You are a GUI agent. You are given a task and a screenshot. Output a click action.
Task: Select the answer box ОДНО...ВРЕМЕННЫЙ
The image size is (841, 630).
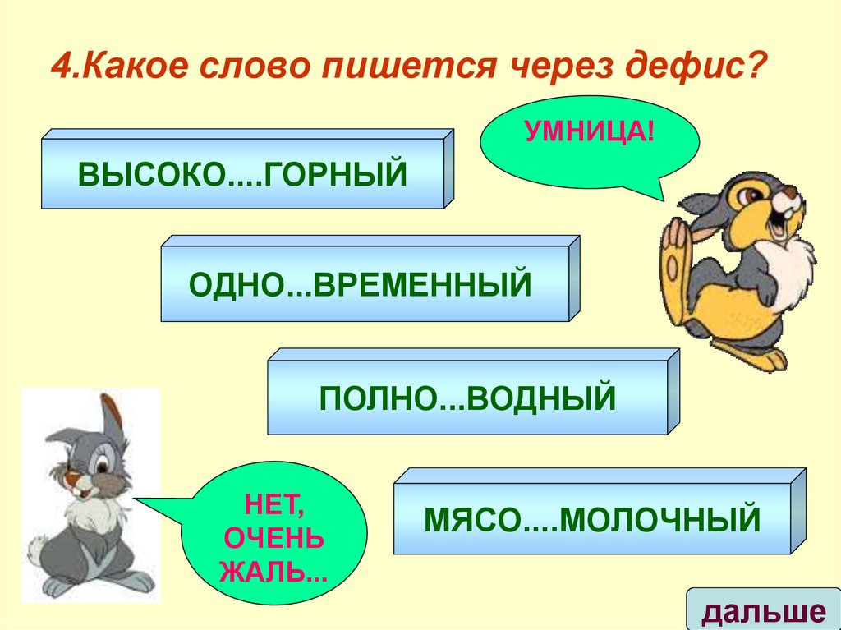tap(361, 284)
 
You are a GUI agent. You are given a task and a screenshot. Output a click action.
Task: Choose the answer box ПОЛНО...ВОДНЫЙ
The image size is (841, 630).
tap(466, 398)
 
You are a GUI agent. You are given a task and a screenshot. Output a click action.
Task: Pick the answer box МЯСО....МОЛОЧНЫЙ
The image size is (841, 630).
tap(591, 518)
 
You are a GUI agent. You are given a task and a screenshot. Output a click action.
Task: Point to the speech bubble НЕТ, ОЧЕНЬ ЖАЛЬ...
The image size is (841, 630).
tap(272, 534)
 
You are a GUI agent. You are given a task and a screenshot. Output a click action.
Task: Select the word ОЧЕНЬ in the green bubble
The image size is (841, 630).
tap(272, 539)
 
